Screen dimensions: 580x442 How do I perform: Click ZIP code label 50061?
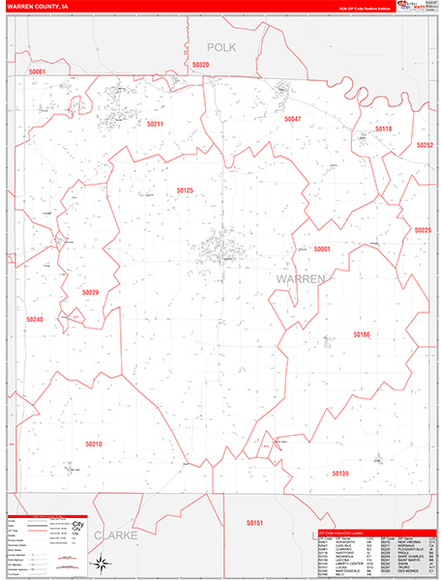coord(38,72)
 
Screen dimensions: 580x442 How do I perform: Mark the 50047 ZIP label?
coord(292,118)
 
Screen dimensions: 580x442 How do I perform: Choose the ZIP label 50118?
coord(383,129)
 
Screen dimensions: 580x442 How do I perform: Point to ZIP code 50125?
coord(186,190)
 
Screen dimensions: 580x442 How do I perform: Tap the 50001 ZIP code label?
coord(322,249)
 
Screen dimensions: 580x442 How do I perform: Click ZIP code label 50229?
coord(91,291)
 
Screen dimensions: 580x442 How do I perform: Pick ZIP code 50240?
coord(35,318)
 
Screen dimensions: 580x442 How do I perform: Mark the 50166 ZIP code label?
coord(361,334)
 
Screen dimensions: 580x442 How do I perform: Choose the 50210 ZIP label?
coord(93,443)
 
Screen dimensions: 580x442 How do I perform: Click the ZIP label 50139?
coord(339,474)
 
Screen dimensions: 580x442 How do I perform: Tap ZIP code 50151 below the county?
coord(254,523)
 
